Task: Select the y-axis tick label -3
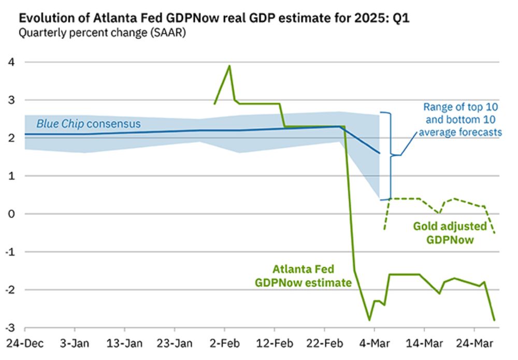(10, 328)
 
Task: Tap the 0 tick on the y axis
(11, 214)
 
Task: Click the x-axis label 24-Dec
(24, 343)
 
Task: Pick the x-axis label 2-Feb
(224, 343)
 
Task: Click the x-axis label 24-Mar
(474, 343)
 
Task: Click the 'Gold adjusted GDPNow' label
(450, 233)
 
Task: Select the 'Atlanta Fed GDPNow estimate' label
(304, 276)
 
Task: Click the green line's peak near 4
(229, 66)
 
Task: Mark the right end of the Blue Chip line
(380, 153)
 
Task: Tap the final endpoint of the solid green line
(494, 320)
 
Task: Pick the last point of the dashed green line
(495, 233)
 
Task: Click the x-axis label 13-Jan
(124, 343)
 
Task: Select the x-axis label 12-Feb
(275, 343)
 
